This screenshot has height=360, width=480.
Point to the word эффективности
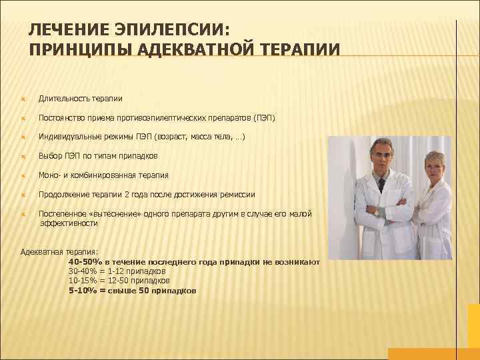69,223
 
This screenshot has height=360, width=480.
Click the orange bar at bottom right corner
433,353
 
